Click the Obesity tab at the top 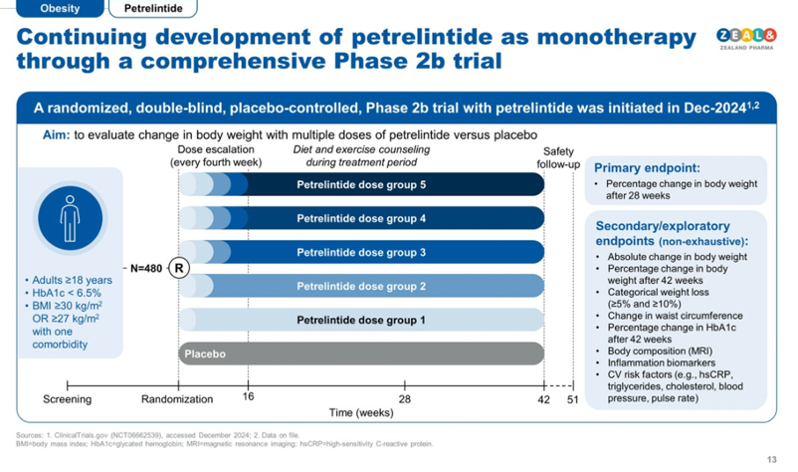pos(60,9)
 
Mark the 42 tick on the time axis pos(544,399)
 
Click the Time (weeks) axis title pos(361,411)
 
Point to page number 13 pos(771,459)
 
